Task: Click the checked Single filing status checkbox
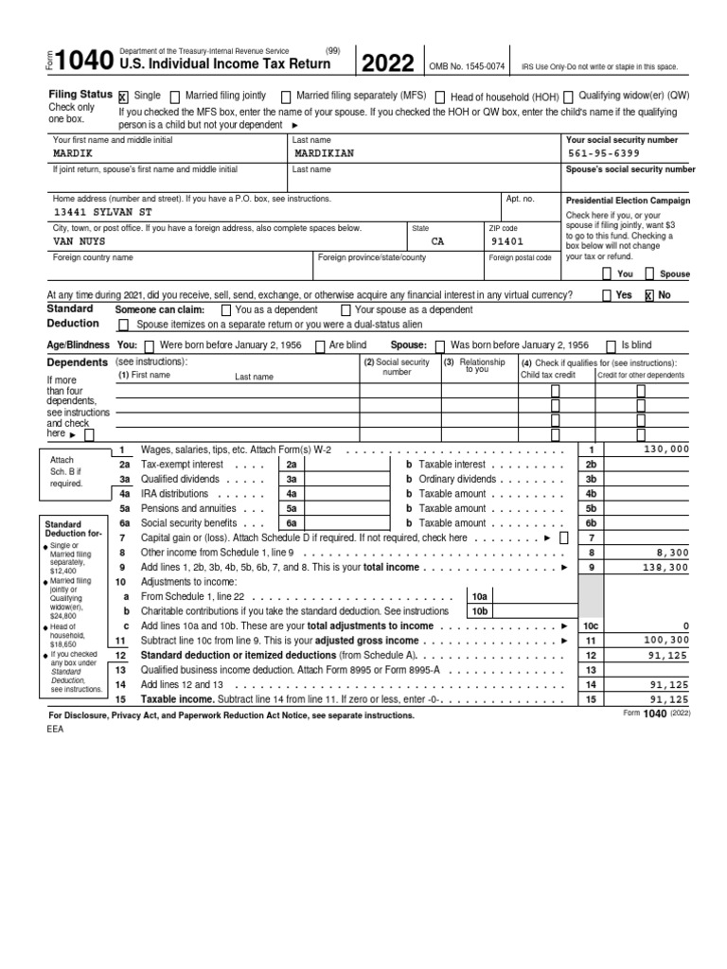pos(123,97)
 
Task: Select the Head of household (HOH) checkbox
pos(440,97)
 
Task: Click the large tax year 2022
pos(387,63)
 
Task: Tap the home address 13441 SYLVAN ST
pos(103,213)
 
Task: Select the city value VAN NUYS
pos(80,241)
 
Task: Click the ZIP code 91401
pos(506,241)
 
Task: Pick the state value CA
pos(437,241)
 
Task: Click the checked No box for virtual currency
pos(649,295)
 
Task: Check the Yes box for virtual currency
pos(607,295)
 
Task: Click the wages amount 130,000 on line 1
pos(666,449)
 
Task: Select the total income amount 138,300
pos(666,567)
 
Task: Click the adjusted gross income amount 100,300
pos(666,641)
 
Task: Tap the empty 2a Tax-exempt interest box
pos(337,465)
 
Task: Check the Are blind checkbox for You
pos(321,346)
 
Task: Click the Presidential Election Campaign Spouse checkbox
pos(649,274)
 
